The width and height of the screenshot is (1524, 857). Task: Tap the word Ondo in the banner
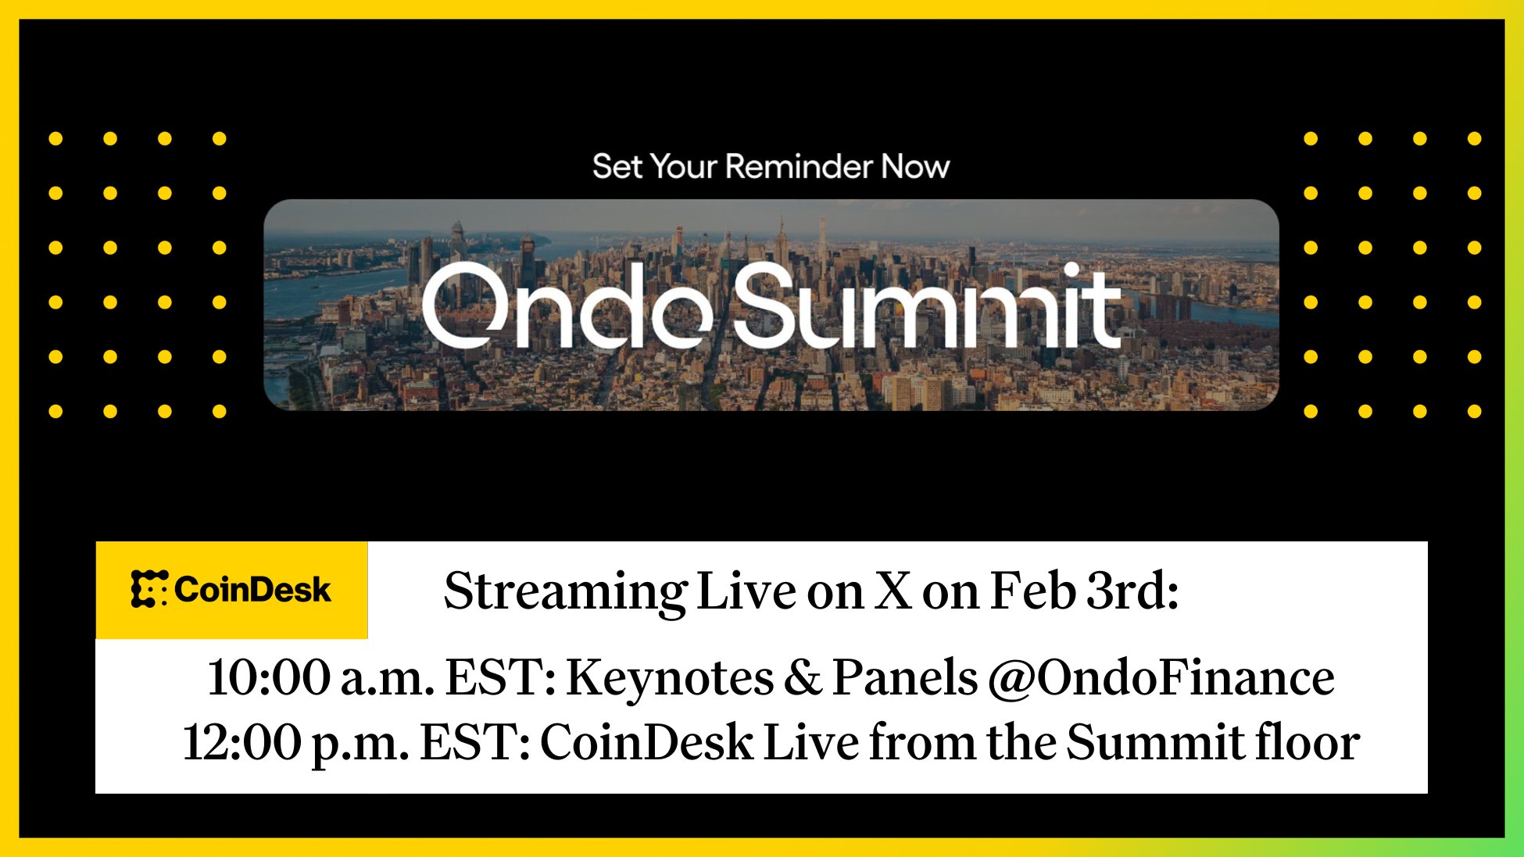(567, 305)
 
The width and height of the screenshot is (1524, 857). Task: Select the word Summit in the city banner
(928, 305)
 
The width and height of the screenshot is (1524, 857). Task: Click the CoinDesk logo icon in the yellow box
(148, 589)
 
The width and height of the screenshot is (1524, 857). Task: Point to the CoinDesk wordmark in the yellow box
(252, 589)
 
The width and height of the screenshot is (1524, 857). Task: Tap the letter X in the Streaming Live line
(893, 591)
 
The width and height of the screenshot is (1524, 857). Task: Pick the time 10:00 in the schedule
(269, 677)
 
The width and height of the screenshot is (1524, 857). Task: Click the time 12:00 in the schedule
(242, 742)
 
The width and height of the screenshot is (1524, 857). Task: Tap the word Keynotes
(670, 677)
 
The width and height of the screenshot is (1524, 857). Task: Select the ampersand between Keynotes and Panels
(803, 677)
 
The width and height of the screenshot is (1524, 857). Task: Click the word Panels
(905, 677)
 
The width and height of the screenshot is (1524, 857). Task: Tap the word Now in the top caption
(916, 166)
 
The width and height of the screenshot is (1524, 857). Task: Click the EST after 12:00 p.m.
(477, 742)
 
